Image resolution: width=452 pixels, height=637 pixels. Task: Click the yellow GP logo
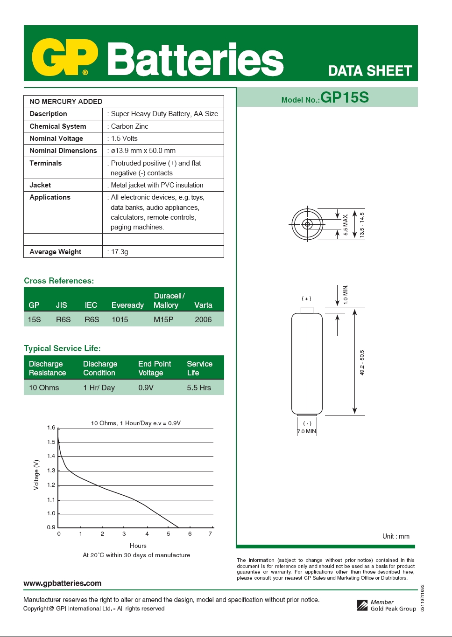64,58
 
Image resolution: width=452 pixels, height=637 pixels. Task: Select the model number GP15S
345,97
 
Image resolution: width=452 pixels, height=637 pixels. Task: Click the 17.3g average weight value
120,252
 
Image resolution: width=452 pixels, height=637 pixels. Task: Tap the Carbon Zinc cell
129,126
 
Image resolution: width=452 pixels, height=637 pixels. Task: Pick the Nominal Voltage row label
56,138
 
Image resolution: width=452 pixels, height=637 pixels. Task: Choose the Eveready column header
127,305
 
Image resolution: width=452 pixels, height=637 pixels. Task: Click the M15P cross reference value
163,319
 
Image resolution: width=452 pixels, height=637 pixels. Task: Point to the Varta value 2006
203,319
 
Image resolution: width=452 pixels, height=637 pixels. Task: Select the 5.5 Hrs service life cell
199,388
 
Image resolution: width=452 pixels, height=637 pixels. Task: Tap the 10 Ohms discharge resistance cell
44,388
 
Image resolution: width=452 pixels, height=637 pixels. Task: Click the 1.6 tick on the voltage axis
51,428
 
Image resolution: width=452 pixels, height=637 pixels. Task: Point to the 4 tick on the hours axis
147,534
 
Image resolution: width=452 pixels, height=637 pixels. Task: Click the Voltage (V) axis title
36,475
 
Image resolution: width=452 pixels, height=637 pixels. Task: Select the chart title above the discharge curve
135,423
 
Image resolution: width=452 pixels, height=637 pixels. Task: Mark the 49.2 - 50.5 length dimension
362,362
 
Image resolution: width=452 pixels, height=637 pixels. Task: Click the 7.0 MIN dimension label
307,431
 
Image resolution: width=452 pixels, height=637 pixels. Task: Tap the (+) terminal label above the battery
306,298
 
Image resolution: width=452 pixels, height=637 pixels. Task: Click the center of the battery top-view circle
307,224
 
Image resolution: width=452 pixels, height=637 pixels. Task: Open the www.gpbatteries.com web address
62,583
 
